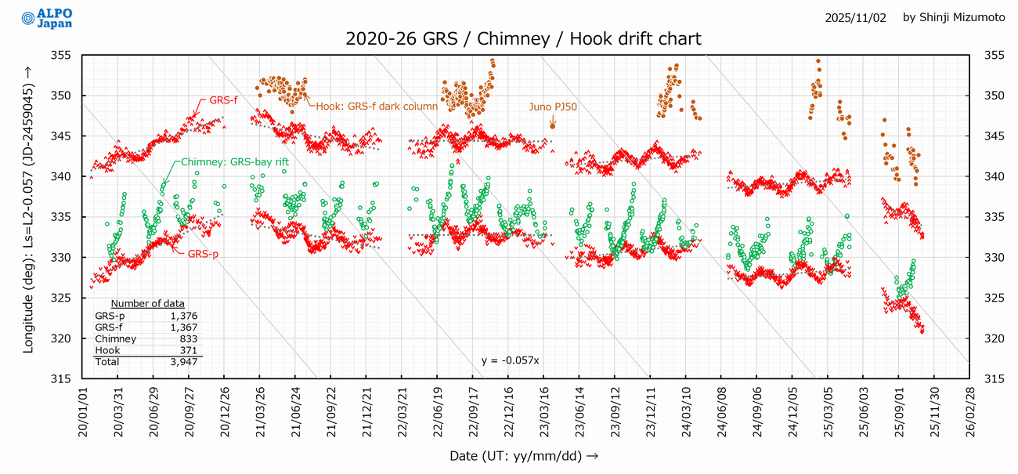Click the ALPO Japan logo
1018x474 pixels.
pos(47,19)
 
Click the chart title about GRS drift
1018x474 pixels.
pos(523,38)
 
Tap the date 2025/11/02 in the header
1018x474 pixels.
pos(855,17)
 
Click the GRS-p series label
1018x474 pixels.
pos(203,254)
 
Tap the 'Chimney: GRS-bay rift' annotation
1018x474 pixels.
pos(235,162)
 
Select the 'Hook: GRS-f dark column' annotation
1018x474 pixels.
pos(377,107)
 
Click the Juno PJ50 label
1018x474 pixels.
pos(553,107)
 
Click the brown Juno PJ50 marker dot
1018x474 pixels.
pos(553,125)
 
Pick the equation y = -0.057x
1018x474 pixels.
pos(511,360)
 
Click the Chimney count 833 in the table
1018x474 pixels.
pos(188,339)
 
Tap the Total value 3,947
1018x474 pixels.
pos(185,362)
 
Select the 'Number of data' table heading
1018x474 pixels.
pos(147,304)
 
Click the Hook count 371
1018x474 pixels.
pos(188,351)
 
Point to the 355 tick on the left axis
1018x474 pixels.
pos(61,56)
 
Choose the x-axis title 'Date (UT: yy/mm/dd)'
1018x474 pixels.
pos(524,455)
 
